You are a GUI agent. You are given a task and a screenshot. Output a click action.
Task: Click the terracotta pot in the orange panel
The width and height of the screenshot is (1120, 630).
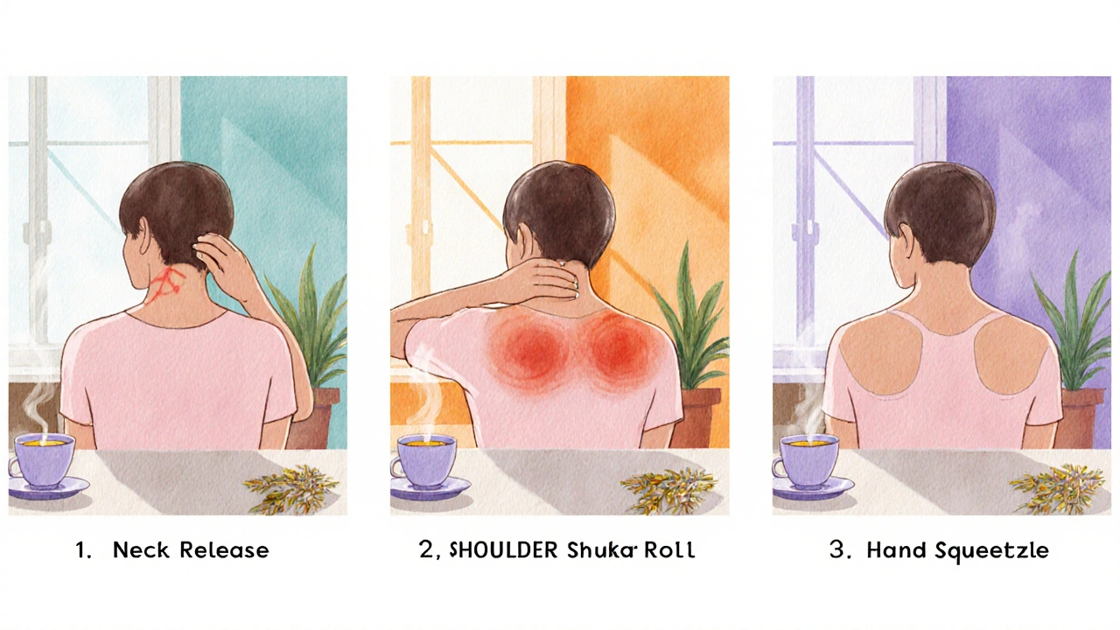coord(700,417)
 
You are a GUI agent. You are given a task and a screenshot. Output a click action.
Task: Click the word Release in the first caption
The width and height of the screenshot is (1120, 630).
coord(225,550)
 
